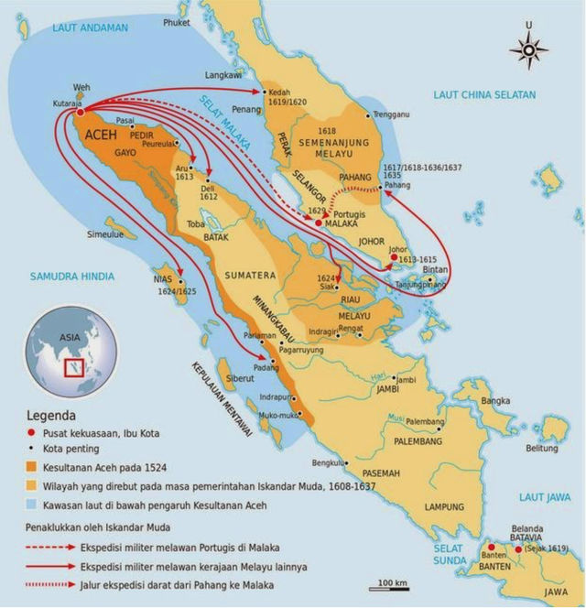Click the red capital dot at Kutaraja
coord(79,114)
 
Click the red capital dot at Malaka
coord(319,223)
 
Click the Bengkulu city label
coord(330,462)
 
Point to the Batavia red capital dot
coord(519,550)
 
